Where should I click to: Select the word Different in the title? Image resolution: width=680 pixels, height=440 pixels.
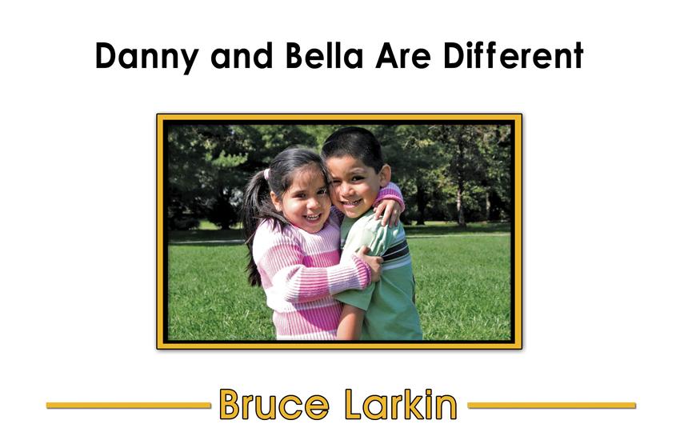(513, 55)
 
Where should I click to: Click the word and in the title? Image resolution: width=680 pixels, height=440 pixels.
(242, 56)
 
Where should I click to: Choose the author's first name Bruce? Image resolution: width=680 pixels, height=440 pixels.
(274, 404)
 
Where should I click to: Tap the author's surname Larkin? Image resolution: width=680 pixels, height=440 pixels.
(401, 404)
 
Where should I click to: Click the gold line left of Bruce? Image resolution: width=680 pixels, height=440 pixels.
(129, 406)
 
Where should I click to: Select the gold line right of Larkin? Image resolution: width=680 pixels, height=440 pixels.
(551, 406)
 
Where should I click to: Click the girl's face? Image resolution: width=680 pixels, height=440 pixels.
(303, 198)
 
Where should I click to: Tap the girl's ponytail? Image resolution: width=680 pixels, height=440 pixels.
(256, 217)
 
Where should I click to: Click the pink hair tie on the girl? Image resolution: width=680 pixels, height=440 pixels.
(266, 174)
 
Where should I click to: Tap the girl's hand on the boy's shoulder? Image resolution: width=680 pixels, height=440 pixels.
(390, 213)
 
